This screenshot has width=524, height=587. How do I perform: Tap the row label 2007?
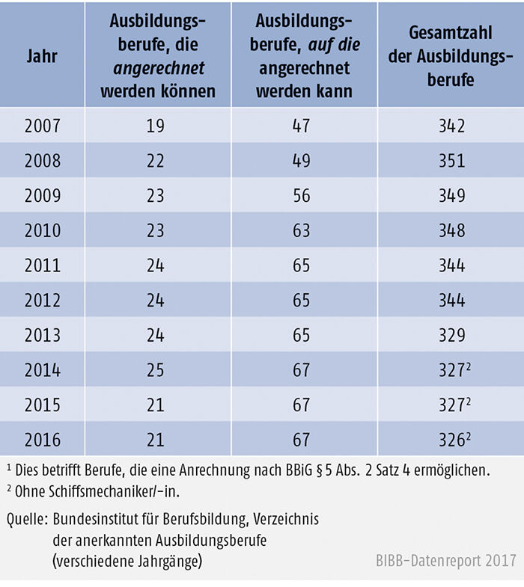point(42,126)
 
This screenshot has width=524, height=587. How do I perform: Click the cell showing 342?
point(451,126)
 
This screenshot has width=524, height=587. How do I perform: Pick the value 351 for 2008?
point(451,161)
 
